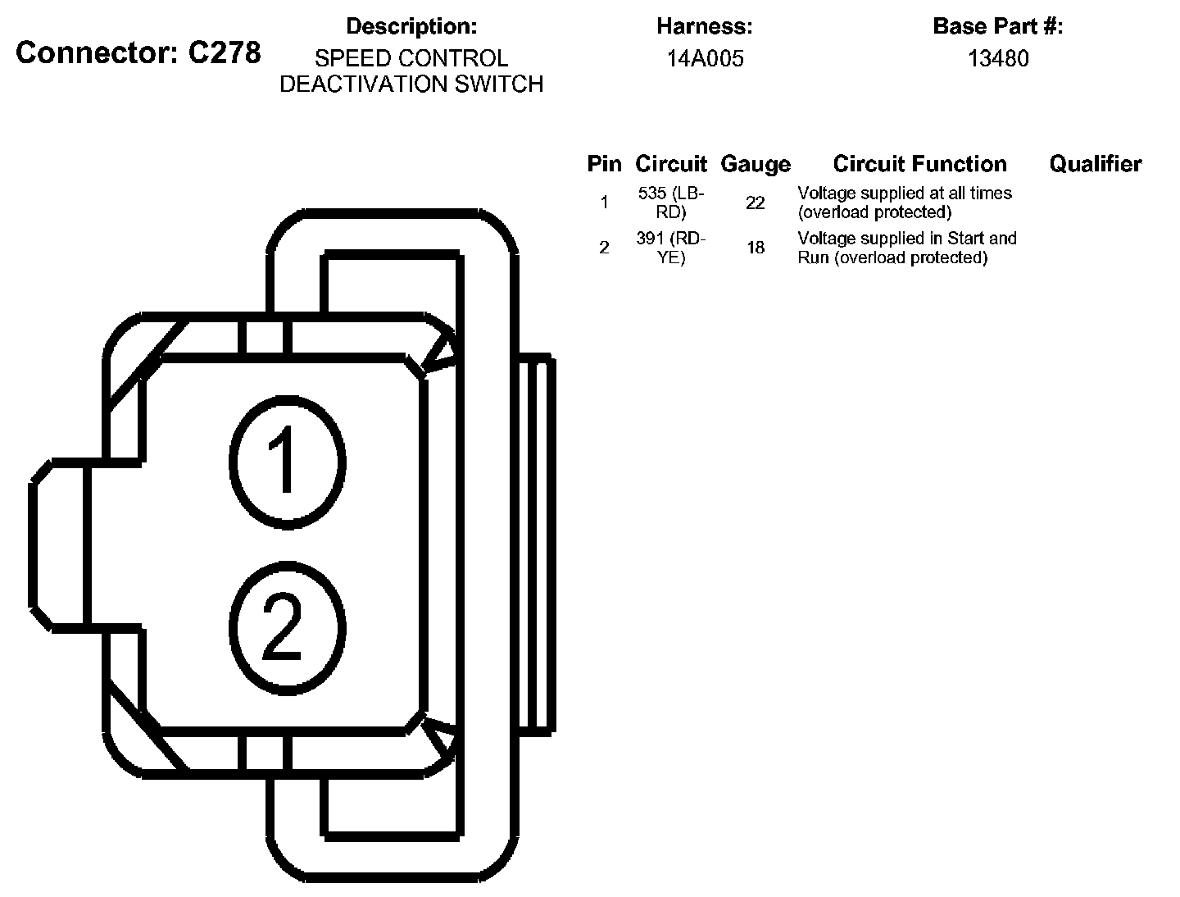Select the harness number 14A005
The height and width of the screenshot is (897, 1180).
coord(705,59)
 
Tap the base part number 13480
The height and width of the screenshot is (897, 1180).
coord(998,59)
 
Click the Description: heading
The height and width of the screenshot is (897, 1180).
coord(411,26)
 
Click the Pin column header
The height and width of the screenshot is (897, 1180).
coord(604,164)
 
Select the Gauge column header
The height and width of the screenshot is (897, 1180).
coord(756,164)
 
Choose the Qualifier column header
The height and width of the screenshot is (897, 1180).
coord(1095,164)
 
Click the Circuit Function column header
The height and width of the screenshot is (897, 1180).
coord(919,164)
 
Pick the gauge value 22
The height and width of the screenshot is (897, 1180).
coord(755,203)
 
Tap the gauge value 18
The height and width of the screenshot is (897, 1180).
coord(755,248)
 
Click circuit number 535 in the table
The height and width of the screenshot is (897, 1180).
coord(652,194)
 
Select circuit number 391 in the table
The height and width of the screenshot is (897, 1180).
coord(652,239)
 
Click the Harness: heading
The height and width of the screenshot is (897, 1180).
coord(704,26)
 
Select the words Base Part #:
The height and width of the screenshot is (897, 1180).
coord(997,26)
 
